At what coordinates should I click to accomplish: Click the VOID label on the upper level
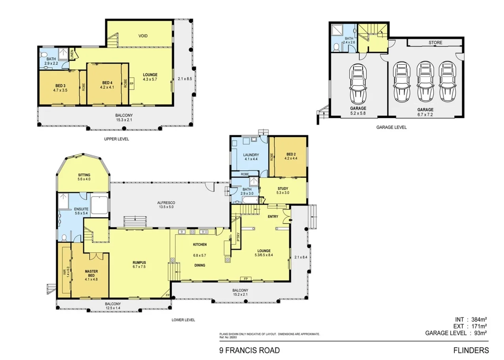tap(143, 36)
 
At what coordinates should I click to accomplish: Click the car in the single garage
tap(358, 83)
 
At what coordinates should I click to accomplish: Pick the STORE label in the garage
tap(435, 43)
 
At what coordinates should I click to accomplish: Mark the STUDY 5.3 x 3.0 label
tap(283, 191)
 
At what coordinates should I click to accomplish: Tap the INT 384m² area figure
tap(470, 319)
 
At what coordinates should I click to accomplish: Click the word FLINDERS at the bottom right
tap(471, 350)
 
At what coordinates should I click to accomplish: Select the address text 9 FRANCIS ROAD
tap(249, 350)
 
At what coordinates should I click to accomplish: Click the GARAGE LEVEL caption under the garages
tap(391, 127)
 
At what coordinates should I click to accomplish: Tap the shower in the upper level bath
tap(63, 53)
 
